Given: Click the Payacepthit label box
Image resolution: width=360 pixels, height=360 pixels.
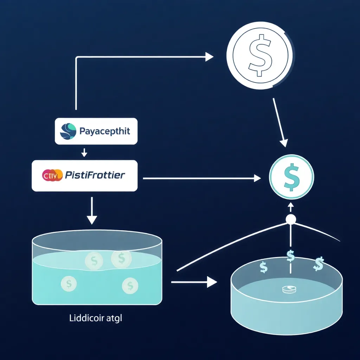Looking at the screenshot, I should tap(96, 131).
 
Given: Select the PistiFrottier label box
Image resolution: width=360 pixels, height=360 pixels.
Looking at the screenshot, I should tap(84, 175).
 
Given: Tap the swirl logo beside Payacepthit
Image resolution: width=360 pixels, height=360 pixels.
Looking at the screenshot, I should tap(68, 131).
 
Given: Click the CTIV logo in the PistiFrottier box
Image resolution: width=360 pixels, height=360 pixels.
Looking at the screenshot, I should tap(52, 175).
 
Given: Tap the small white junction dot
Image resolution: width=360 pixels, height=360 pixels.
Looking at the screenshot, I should tap(291, 220).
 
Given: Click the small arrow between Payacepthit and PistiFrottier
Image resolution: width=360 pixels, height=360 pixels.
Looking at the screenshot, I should tap(84, 152).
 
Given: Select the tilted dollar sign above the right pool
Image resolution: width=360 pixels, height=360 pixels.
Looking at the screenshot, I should tap(319, 264).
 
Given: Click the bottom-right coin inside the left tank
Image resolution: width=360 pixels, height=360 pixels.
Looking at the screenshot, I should tap(130, 285).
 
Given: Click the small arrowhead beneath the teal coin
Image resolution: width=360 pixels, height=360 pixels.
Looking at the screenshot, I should tap(291, 206).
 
